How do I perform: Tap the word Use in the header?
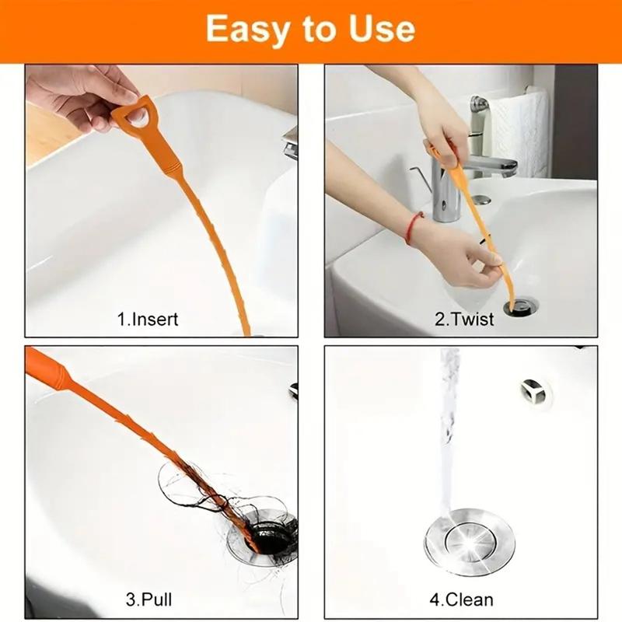(x=382, y=29)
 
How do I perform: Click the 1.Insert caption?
(x=148, y=320)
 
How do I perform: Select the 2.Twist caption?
(x=464, y=320)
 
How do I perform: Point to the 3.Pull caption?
(x=149, y=599)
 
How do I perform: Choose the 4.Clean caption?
(x=461, y=599)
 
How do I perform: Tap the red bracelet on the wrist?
(x=412, y=228)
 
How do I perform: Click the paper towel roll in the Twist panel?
(x=518, y=133)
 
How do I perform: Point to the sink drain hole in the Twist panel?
(x=521, y=307)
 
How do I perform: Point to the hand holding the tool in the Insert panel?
(x=86, y=95)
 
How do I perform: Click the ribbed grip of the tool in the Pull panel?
(x=46, y=369)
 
